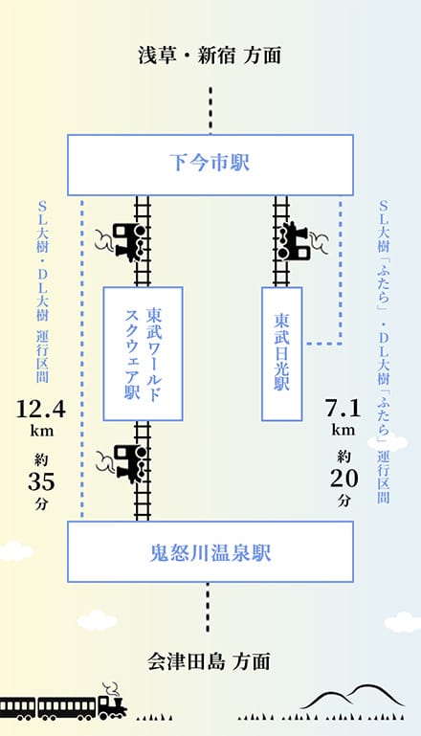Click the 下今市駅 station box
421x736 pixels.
tap(210, 165)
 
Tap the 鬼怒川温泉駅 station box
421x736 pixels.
tap(210, 551)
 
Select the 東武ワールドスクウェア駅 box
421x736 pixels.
tap(143, 354)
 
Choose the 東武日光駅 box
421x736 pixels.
tap(281, 354)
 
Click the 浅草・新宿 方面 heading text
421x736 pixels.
tap(210, 56)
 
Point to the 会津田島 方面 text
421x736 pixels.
tap(210, 661)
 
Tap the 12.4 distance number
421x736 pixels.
tap(41, 409)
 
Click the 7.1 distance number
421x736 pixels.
tap(343, 408)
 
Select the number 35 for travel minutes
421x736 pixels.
tap(41, 481)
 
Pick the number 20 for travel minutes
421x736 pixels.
tap(344, 479)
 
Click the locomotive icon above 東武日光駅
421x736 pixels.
tap(300, 241)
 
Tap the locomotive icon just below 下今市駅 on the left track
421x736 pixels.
tap(122, 242)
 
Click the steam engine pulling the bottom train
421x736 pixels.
tap(113, 702)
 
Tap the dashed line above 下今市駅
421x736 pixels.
tap(210, 110)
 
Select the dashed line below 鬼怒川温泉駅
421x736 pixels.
tap(208, 608)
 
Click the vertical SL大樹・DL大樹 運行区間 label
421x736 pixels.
tap(43, 292)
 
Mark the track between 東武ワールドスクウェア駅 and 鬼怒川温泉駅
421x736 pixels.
tap(143, 471)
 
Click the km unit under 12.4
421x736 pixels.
tap(42, 430)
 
